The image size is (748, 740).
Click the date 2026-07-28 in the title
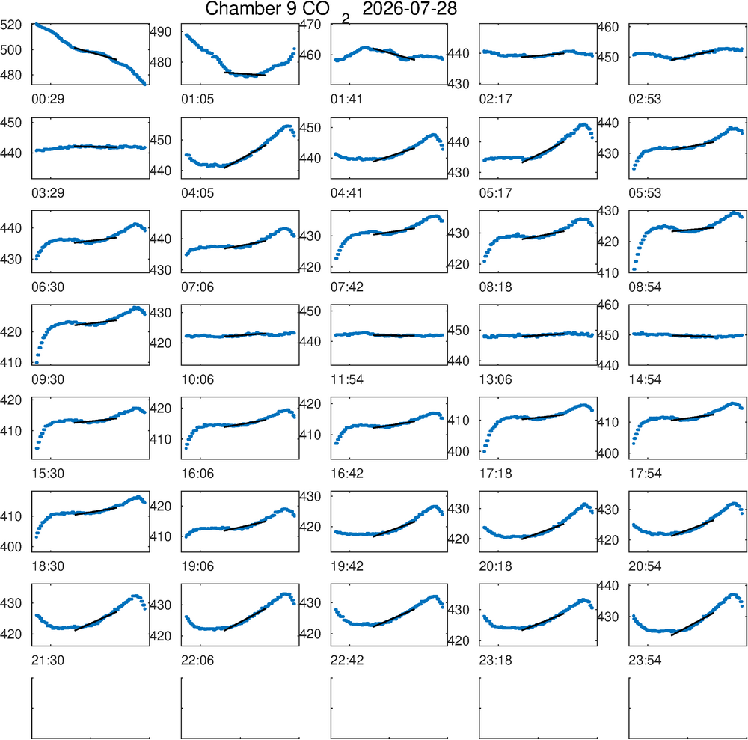click(x=409, y=8)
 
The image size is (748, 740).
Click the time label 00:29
click(x=48, y=100)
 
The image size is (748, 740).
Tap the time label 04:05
click(x=197, y=193)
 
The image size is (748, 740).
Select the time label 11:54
click(x=347, y=380)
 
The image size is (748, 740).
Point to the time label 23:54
click(x=645, y=661)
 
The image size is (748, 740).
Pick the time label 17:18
click(x=496, y=474)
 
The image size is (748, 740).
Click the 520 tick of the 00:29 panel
click(x=11, y=25)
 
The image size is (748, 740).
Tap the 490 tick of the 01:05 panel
click(x=160, y=32)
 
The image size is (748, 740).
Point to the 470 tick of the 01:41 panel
click(x=310, y=25)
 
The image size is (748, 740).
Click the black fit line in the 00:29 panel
click(x=96, y=53)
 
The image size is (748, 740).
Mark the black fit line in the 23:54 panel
click(x=692, y=623)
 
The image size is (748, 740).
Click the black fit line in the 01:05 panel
click(x=245, y=74)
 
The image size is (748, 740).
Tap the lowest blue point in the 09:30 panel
click(x=37, y=363)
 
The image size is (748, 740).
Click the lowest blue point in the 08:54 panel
click(x=634, y=269)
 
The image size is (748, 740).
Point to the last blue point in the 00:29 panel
click(x=144, y=84)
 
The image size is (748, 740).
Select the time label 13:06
click(x=496, y=380)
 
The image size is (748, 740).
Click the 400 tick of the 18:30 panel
click(x=11, y=547)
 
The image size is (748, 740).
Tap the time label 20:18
click(x=496, y=566)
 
